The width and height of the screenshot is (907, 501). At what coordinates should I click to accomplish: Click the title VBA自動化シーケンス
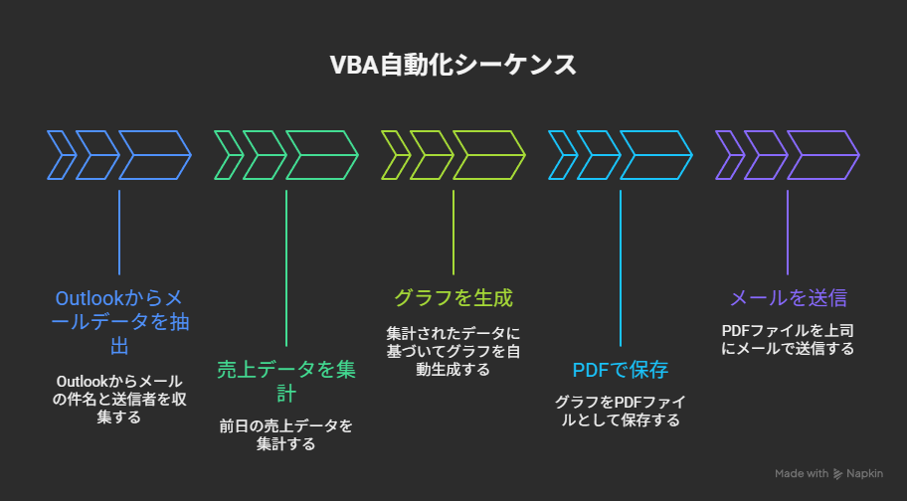coord(453,66)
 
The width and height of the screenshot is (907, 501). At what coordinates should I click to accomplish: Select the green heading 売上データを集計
coord(285,381)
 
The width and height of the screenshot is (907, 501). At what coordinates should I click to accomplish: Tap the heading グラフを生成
coord(453,297)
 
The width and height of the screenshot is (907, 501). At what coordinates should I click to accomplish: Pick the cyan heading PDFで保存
coord(620,371)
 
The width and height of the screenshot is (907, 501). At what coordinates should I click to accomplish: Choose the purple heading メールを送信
coord(788,297)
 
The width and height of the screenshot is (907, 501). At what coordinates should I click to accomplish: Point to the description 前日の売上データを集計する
coord(285,434)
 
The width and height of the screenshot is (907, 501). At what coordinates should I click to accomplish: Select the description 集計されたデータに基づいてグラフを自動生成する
coord(453,351)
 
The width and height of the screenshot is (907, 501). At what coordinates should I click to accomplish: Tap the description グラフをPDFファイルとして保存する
coord(620,411)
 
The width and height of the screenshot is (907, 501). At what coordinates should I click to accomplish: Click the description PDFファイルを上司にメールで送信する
coord(788,338)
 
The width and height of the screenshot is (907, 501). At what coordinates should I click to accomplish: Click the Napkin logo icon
coord(839,473)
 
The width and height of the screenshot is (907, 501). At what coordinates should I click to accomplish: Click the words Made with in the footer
coord(801,473)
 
